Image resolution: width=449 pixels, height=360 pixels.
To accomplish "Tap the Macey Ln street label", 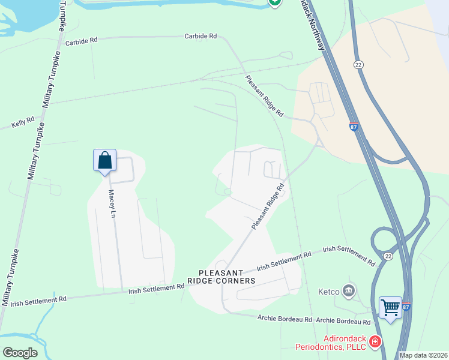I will [111, 203].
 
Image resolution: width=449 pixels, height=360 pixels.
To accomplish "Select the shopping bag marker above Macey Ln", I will [104, 160].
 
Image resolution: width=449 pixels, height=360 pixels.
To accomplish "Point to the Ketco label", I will [329, 292].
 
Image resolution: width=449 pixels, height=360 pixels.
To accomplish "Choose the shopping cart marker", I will [390, 308].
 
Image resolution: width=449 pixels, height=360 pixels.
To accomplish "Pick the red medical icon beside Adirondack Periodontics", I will [375, 341].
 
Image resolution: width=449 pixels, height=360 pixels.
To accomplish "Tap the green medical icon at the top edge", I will [274, 2].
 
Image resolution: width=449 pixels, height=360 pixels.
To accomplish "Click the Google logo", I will [20, 353].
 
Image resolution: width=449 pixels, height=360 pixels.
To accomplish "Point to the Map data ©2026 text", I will [423, 355].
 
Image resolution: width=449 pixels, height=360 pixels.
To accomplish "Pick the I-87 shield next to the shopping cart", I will [405, 307].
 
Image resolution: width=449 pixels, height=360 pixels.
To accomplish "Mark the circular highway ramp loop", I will [384, 241].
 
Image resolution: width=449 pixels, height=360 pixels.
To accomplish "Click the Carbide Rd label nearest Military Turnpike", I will [81, 41].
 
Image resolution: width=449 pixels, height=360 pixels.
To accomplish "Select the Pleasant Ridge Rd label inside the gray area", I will [267, 206].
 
